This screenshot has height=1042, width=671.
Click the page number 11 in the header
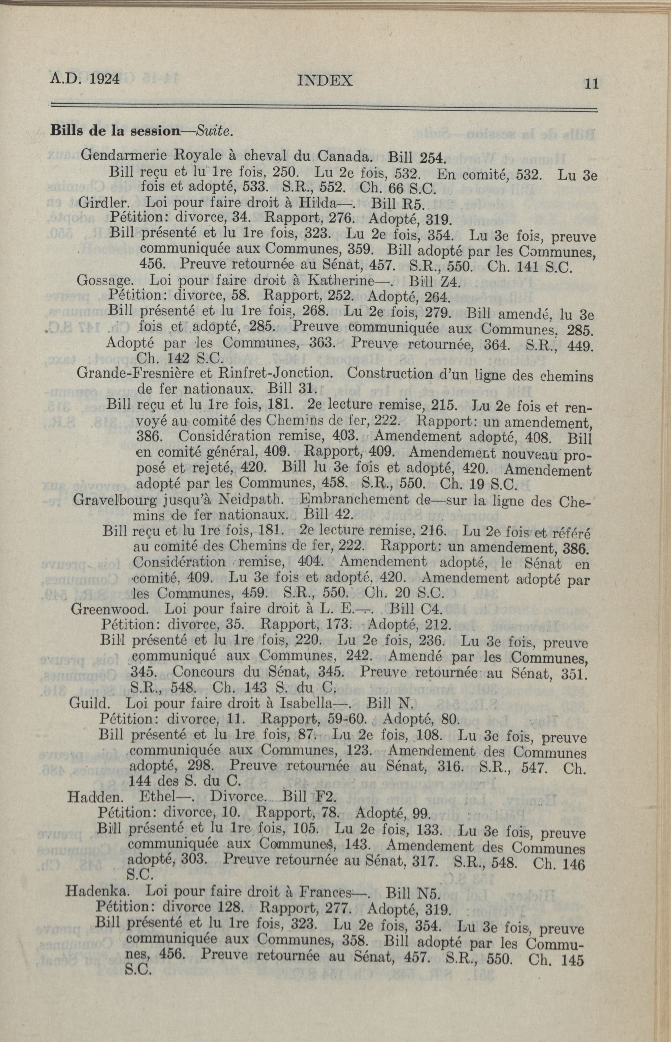tap(592, 84)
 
